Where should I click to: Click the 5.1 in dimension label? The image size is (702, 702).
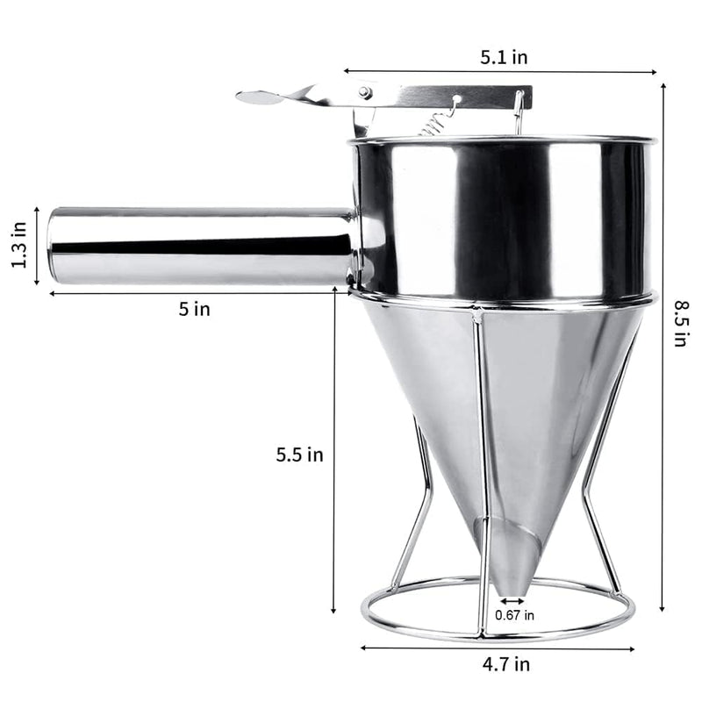pos(504,58)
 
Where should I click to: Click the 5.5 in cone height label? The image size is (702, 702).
pos(300,455)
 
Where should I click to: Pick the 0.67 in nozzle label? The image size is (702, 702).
pos(514,614)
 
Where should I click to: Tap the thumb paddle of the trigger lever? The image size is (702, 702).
pos(260,97)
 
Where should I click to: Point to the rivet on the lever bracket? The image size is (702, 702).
pos(363,92)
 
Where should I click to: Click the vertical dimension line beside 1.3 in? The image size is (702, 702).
pos(37,247)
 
